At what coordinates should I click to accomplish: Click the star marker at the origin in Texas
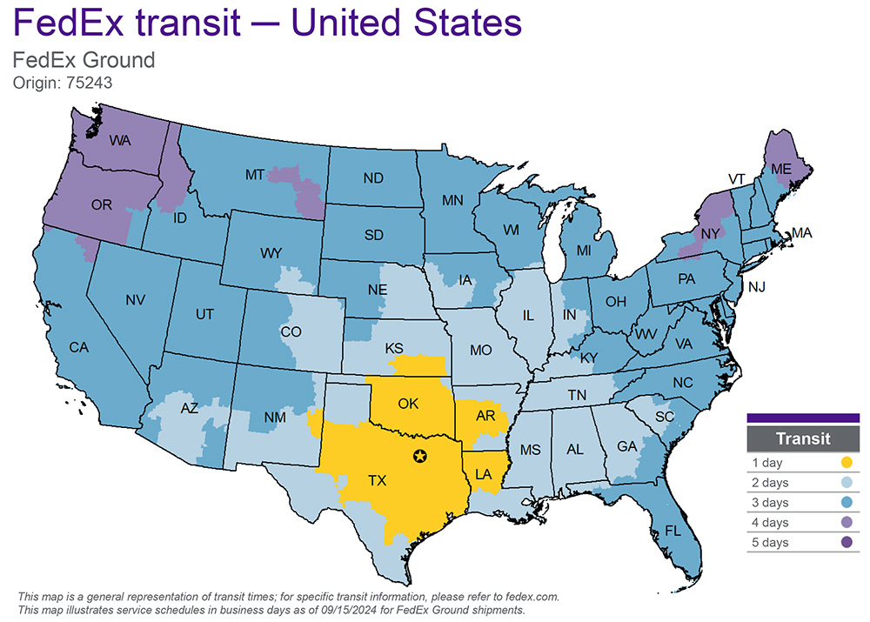click(420, 456)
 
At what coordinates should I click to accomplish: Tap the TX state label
click(377, 480)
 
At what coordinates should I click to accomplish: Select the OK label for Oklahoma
click(409, 403)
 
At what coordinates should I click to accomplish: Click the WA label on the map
click(120, 139)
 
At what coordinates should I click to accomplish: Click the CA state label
click(79, 347)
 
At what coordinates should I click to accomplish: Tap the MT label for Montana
click(254, 175)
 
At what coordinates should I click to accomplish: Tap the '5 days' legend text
click(770, 543)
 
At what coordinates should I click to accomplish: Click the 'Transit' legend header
click(802, 439)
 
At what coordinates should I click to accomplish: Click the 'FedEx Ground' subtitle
click(84, 61)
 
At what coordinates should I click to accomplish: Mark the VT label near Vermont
click(737, 178)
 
